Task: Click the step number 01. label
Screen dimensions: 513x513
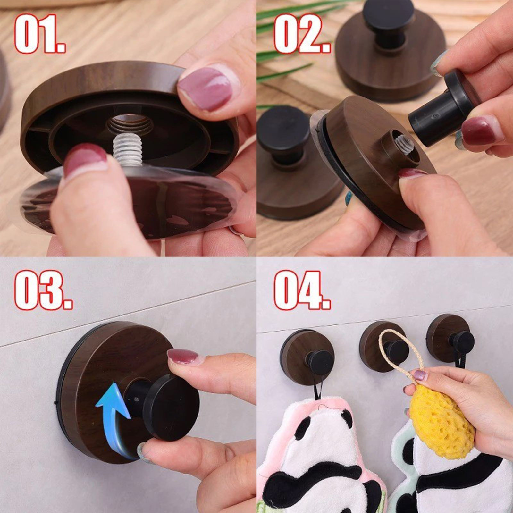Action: (40, 33)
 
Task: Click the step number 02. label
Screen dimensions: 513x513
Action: (302, 33)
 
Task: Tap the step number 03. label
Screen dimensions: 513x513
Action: (43, 290)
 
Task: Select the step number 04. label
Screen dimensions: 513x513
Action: (302, 290)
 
